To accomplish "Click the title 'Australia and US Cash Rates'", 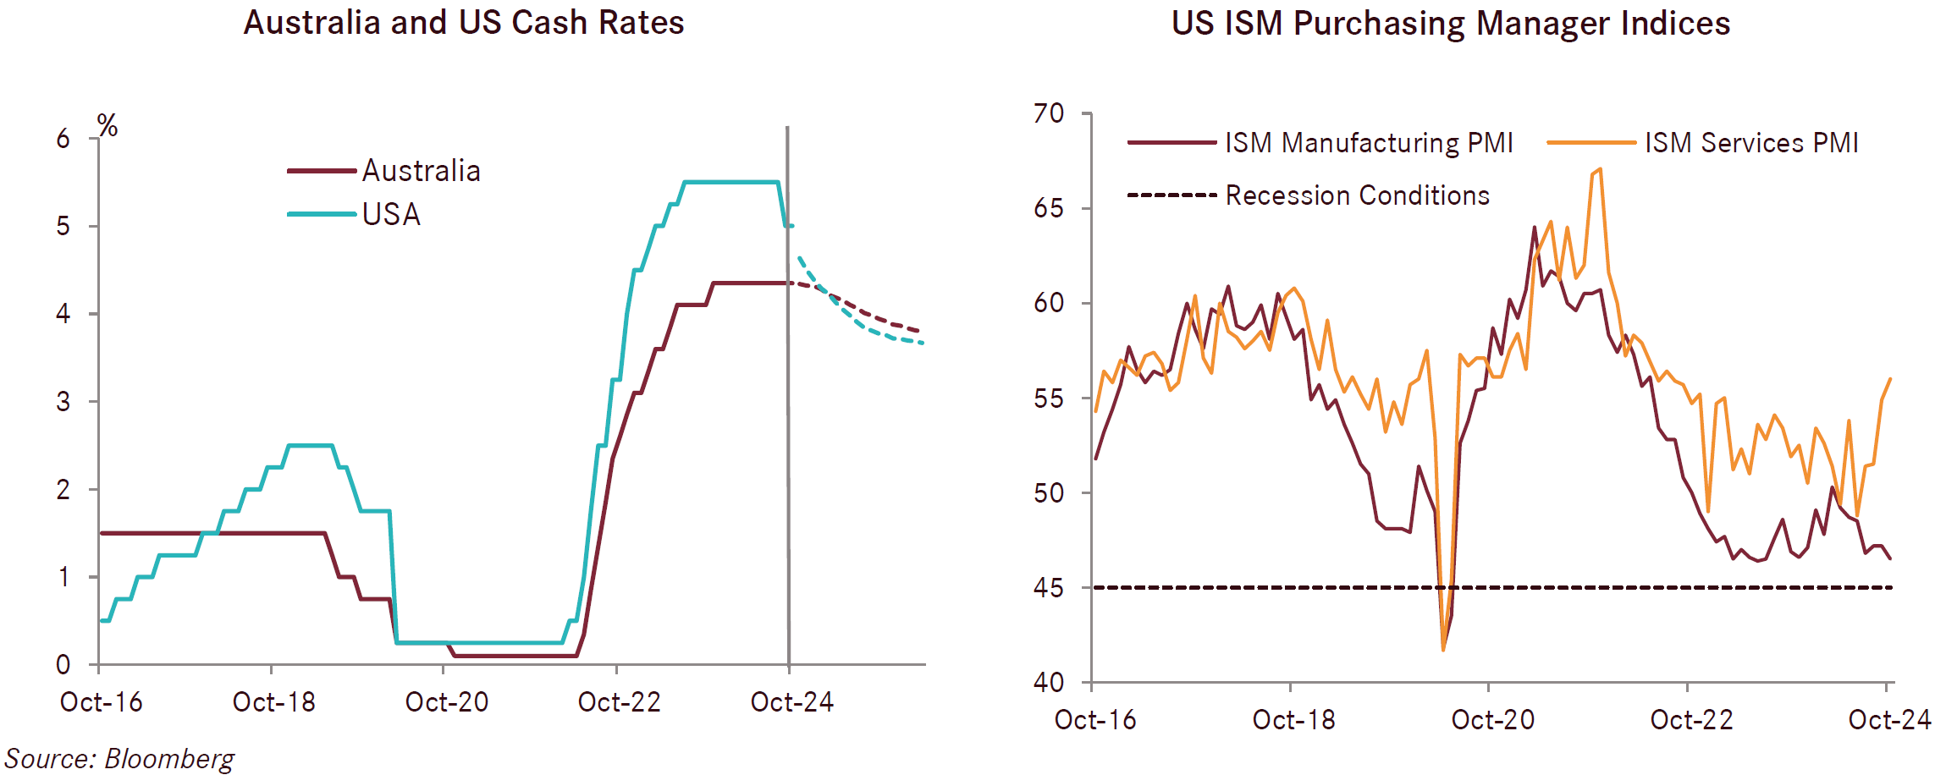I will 464,23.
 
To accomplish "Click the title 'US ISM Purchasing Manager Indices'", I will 1451,24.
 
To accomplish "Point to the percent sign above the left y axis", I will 107,126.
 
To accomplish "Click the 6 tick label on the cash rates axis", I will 63,139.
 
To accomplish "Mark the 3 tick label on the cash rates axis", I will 63,402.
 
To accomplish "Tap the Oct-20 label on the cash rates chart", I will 447,702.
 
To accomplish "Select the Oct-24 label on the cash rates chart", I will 791,702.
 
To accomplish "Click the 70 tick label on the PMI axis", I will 1049,113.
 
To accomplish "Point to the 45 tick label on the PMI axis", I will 1049,588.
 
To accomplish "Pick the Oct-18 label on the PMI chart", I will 1293,720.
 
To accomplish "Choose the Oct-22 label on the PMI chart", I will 1691,720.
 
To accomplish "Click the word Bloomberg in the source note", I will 169,759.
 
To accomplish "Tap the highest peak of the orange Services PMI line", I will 1600,169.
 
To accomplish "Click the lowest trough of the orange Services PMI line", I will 1443,649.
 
